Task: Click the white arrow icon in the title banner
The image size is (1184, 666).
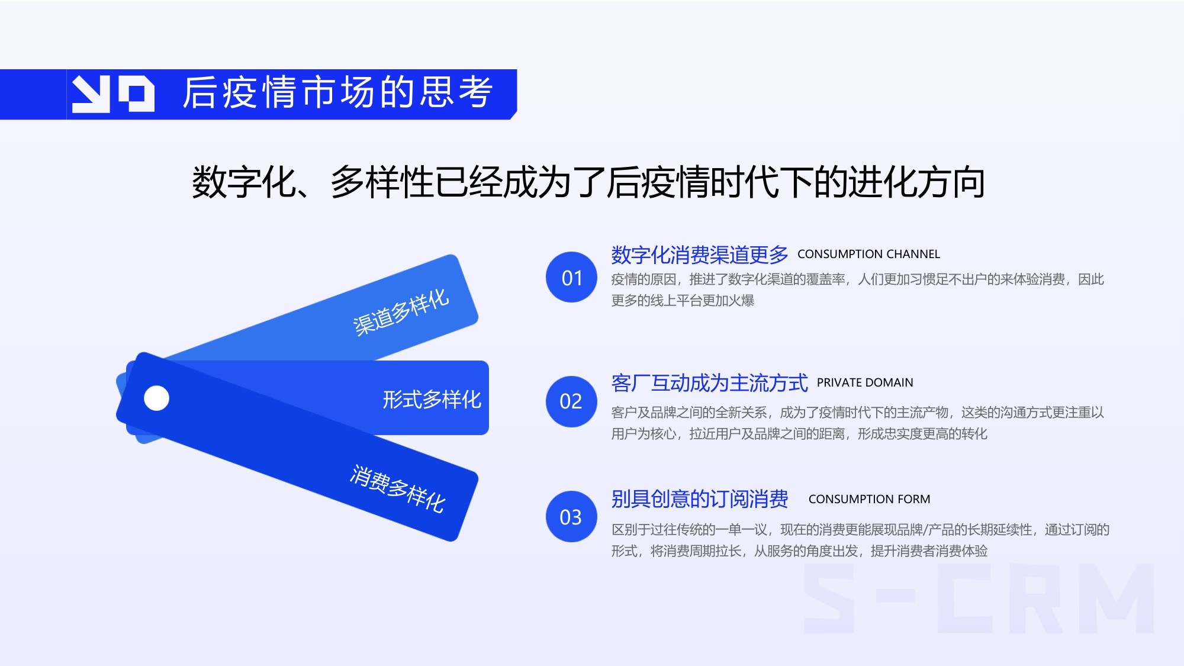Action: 91,94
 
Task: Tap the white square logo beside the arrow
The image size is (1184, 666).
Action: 137,94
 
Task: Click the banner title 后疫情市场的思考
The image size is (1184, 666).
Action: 337,93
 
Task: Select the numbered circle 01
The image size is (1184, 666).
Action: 571,278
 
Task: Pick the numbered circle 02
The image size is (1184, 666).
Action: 571,401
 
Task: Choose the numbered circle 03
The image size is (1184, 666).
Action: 571,517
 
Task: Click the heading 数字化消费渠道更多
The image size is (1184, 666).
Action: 699,255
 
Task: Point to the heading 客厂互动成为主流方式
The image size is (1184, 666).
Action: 709,383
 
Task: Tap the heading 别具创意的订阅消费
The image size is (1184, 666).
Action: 699,499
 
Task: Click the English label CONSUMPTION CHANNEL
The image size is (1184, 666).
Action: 868,255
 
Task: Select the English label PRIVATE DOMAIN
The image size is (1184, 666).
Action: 865,383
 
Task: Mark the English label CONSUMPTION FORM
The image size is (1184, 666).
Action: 869,500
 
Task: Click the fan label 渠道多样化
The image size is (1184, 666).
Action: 401,312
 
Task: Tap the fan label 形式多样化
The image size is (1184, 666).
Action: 432,400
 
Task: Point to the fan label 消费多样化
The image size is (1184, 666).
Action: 397,489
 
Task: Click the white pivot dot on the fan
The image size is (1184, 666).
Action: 157,398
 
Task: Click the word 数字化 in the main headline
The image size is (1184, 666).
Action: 244,182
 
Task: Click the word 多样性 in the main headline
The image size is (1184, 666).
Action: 382,182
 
